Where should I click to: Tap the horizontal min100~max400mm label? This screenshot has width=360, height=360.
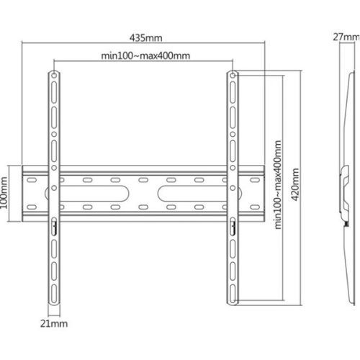144,55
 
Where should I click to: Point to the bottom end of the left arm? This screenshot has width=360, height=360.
55,300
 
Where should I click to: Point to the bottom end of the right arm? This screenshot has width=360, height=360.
233,300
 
